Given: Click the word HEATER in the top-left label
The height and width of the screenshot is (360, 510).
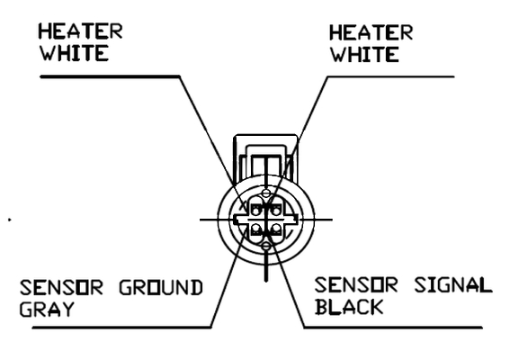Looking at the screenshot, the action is [x=80, y=31].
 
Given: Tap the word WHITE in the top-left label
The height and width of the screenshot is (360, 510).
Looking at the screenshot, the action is [x=74, y=53].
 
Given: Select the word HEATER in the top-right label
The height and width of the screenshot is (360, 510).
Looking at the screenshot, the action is [x=371, y=32].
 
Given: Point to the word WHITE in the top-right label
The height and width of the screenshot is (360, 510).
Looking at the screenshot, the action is [x=364, y=54].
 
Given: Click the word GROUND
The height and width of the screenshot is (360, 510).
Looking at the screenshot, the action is [x=161, y=287].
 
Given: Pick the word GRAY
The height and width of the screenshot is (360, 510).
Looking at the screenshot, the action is [x=47, y=310].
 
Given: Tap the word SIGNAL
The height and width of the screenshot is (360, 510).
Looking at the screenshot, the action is [x=452, y=284].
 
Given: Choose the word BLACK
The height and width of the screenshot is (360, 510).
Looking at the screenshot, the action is [x=349, y=307].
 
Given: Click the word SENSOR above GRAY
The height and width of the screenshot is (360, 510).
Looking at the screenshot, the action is [x=61, y=287].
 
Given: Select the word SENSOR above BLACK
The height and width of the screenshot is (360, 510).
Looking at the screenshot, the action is [x=356, y=284].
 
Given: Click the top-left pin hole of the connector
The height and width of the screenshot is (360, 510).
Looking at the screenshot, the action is [x=256, y=211].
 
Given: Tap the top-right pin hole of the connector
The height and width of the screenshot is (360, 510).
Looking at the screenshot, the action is [x=276, y=211].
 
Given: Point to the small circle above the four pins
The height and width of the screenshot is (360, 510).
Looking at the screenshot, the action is [x=266, y=193].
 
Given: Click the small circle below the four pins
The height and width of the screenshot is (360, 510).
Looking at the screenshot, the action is [x=266, y=247].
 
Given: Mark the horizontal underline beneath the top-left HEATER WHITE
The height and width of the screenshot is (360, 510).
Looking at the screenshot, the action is [x=110, y=76].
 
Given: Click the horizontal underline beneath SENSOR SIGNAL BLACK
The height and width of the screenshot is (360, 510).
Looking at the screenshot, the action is [x=393, y=327].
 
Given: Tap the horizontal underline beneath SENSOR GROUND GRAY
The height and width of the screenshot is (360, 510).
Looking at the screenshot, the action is [x=121, y=327].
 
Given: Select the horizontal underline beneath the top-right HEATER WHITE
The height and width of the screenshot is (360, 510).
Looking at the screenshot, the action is [x=390, y=76].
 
